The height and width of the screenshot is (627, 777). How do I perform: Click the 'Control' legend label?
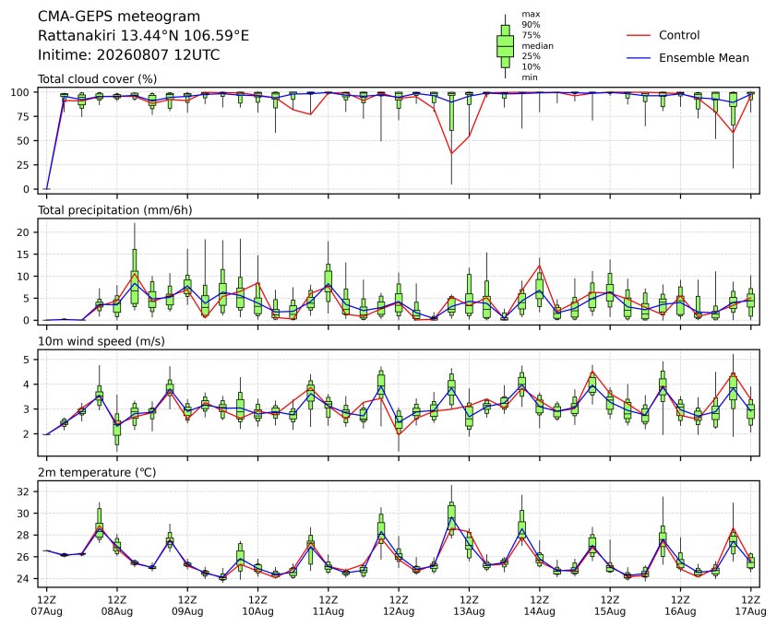coord(679,35)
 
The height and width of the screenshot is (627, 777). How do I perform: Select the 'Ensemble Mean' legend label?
coord(704,58)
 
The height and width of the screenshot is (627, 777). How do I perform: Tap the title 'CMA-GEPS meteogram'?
coord(119,17)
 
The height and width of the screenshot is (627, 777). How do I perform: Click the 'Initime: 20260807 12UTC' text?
coord(129,54)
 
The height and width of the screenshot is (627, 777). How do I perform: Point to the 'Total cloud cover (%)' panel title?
coord(97,79)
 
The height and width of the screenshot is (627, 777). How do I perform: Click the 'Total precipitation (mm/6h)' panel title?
coord(115,210)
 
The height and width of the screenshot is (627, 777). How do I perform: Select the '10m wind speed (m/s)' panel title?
coord(102,342)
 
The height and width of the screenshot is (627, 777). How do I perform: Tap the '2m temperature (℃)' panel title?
coord(97,472)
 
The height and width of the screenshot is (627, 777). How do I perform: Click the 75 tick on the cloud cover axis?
coord(23,116)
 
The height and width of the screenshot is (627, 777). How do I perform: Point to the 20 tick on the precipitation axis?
coord(23,232)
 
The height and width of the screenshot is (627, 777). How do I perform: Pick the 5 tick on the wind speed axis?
coord(26,360)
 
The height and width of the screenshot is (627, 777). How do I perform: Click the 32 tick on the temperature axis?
coord(23,491)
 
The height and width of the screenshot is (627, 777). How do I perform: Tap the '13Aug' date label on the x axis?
coord(469,611)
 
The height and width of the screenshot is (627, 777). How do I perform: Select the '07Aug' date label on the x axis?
coord(46,611)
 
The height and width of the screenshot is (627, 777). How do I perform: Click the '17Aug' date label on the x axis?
coord(751,611)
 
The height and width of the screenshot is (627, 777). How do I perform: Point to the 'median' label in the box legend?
coord(537,46)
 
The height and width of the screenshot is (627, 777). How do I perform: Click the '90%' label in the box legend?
coord(531,25)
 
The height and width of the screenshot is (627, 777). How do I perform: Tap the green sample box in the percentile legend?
coord(505,46)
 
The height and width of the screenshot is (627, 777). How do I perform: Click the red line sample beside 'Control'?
coord(639,36)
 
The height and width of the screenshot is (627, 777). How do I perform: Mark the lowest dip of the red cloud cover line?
coord(451,154)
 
